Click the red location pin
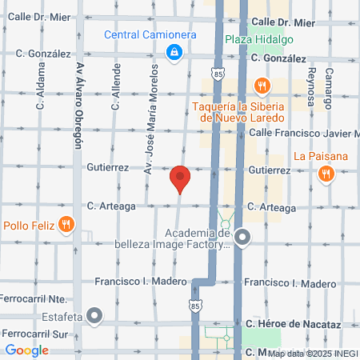[180, 178]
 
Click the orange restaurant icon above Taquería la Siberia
[262, 85]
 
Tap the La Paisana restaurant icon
[326, 174]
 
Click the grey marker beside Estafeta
[95, 316]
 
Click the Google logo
[26, 350]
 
